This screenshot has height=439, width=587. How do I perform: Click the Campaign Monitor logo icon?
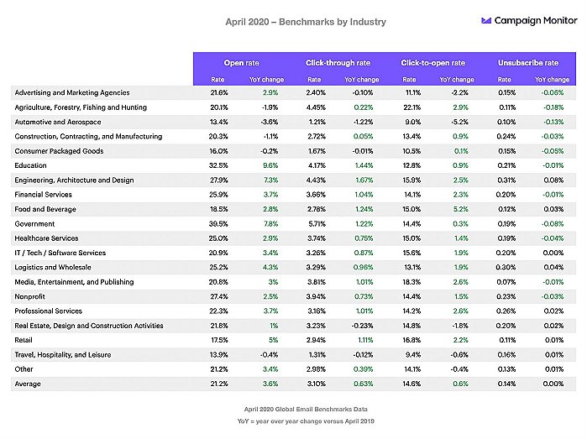(486, 21)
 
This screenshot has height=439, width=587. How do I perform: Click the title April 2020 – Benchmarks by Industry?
(306, 22)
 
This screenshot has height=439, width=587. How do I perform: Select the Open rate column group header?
(242, 63)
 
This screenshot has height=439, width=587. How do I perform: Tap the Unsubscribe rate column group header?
(528, 63)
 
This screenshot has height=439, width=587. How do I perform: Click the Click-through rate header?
(338, 63)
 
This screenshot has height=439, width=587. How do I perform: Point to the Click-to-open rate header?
(432, 63)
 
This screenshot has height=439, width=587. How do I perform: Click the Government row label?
(34, 224)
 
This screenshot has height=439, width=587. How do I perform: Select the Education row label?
(31, 165)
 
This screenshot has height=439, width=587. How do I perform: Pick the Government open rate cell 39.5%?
(218, 224)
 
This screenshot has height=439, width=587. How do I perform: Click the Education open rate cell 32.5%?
(218, 165)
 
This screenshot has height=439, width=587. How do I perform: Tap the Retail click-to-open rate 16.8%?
(411, 340)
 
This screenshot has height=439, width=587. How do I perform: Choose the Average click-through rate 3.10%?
(316, 384)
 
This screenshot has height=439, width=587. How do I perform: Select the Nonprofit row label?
(29, 297)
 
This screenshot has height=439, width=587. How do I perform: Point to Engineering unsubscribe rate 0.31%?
(506, 180)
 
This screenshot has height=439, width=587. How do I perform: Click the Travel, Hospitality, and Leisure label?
(63, 355)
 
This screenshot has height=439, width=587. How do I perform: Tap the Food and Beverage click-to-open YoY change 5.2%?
(460, 209)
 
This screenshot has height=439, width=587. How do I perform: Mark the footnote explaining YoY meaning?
(306, 421)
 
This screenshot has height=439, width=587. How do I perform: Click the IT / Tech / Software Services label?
(60, 253)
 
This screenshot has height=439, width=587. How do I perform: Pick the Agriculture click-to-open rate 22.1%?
(411, 107)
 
